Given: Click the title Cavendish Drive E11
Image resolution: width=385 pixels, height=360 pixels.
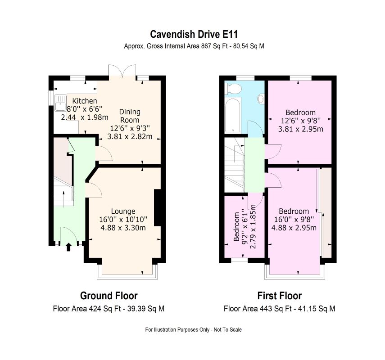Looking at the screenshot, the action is (x=194, y=34).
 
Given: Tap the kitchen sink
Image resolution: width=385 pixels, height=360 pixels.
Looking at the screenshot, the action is (x=60, y=103).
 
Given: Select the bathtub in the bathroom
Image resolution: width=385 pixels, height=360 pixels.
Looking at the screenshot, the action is (x=233, y=115).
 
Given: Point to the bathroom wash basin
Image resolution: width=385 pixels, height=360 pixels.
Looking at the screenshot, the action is (x=261, y=99).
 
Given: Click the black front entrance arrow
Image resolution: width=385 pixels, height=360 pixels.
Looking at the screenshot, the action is (x=68, y=247).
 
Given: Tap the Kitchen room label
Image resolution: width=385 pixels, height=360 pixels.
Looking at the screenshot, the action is (x=85, y=101).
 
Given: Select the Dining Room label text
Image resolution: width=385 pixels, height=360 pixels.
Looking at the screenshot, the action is (x=130, y=116).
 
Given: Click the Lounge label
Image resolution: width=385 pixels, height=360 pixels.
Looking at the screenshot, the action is (x=123, y=211).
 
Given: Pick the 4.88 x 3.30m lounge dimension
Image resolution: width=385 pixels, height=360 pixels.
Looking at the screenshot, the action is (x=123, y=228).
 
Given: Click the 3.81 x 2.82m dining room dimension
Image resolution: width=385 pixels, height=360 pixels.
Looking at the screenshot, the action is (x=130, y=136).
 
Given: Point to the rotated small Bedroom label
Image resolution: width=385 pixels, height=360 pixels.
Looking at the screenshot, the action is (x=236, y=226).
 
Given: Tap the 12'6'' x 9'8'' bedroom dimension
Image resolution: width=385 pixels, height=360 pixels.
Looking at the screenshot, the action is (x=300, y=121).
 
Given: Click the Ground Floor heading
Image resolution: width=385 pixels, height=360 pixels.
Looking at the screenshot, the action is (x=109, y=296).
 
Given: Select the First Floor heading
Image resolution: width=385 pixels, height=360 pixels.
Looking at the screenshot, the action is (x=280, y=296).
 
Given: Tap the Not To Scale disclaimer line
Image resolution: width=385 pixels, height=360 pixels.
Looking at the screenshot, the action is (x=194, y=329).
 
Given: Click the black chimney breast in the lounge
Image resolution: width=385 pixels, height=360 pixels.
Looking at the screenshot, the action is (x=158, y=207).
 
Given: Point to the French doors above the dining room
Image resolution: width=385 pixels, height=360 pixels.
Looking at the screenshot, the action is (x=122, y=71).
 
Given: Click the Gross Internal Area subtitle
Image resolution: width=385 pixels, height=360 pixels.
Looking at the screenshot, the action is (x=194, y=46).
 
